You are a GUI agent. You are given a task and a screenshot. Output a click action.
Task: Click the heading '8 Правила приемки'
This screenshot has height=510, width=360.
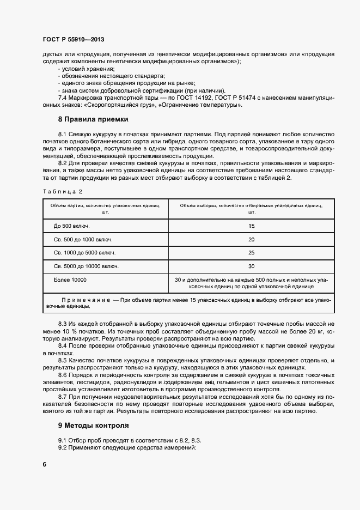93,119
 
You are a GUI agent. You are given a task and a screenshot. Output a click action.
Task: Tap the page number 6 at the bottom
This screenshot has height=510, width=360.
44,464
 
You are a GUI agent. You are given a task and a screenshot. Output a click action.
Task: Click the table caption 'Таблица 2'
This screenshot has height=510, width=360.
62,191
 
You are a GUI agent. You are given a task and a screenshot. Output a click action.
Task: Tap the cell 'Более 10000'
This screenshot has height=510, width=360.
70,280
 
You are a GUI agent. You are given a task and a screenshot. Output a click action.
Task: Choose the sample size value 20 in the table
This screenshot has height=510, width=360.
251,239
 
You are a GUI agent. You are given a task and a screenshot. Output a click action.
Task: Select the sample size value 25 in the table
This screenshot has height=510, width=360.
251,253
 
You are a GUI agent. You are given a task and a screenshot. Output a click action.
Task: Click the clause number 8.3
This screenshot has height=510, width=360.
63,324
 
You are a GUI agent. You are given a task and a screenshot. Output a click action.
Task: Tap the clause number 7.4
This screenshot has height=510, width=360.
63,98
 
